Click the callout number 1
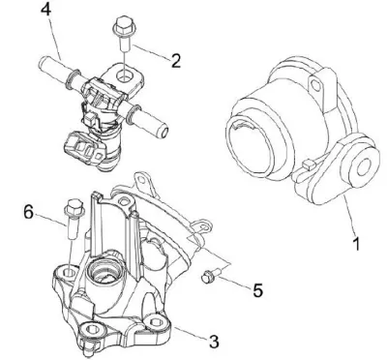[356, 244]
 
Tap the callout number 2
[175, 61]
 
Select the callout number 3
[214, 342]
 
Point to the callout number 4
[46, 9]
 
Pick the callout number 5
[258, 290]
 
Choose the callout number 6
[29, 212]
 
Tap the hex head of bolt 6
[74, 207]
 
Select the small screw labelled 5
[211, 276]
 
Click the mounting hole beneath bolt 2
[124, 76]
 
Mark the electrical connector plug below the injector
[84, 146]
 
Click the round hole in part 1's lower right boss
[363, 167]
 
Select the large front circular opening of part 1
[250, 145]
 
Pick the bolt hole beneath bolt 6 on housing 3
[70, 273]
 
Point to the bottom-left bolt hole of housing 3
[92, 329]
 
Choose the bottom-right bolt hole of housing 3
[156, 321]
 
